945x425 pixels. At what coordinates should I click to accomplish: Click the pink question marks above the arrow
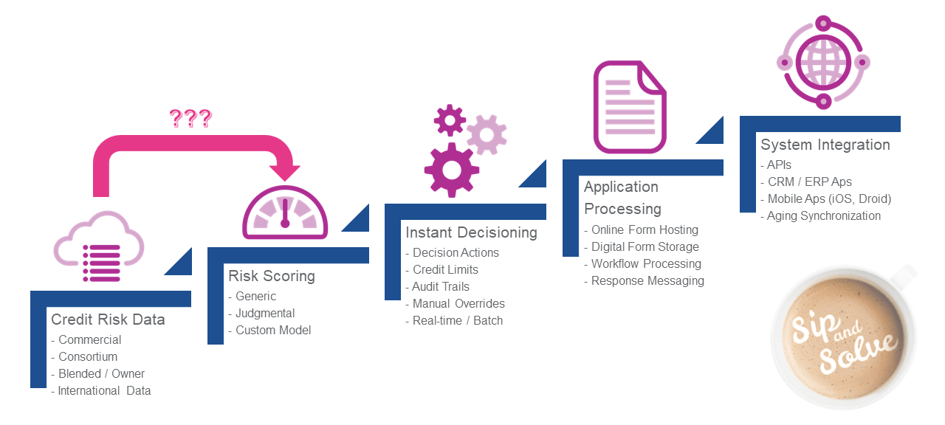(190, 117)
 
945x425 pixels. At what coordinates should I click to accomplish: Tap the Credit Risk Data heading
(108, 319)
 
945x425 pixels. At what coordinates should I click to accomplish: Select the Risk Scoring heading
(272, 276)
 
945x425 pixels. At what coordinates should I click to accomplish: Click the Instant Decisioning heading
(471, 232)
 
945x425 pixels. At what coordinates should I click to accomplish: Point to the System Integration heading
(825, 145)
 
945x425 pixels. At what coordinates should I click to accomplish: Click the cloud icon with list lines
(97, 247)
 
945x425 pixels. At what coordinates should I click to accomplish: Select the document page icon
(630, 108)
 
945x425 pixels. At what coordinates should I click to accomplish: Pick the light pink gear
(487, 134)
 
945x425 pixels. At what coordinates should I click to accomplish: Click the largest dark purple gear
(451, 170)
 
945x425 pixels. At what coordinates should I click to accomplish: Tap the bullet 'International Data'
(104, 390)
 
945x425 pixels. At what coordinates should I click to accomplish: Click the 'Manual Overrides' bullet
(458, 303)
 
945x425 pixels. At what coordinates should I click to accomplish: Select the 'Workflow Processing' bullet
(646, 263)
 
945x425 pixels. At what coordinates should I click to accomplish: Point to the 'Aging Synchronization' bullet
(823, 215)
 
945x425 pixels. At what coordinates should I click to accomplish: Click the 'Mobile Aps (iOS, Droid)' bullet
(829, 198)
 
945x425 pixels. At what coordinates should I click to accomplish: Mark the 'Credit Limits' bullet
(445, 269)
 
